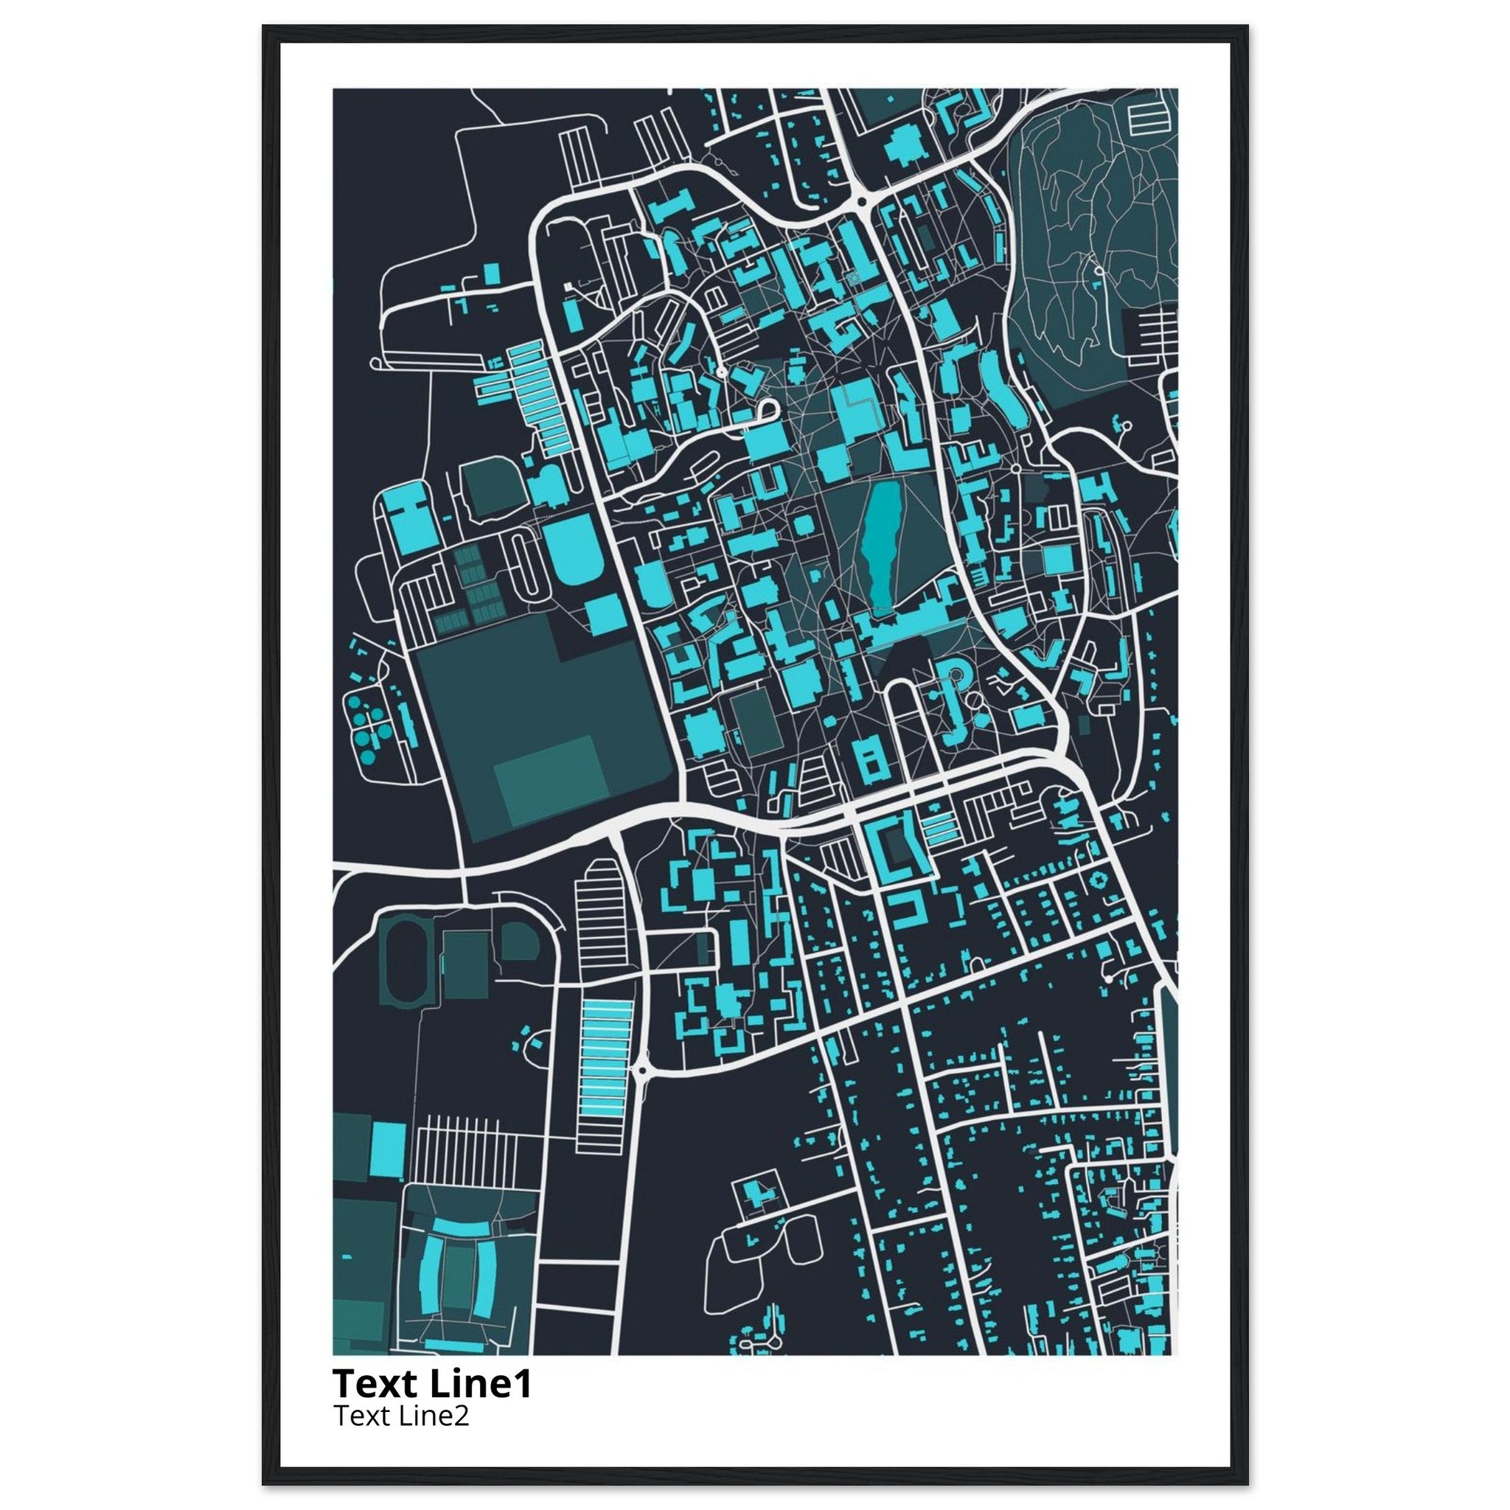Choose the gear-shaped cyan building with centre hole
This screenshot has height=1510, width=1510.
[1099, 881]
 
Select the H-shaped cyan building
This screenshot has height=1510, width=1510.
[408, 522]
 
